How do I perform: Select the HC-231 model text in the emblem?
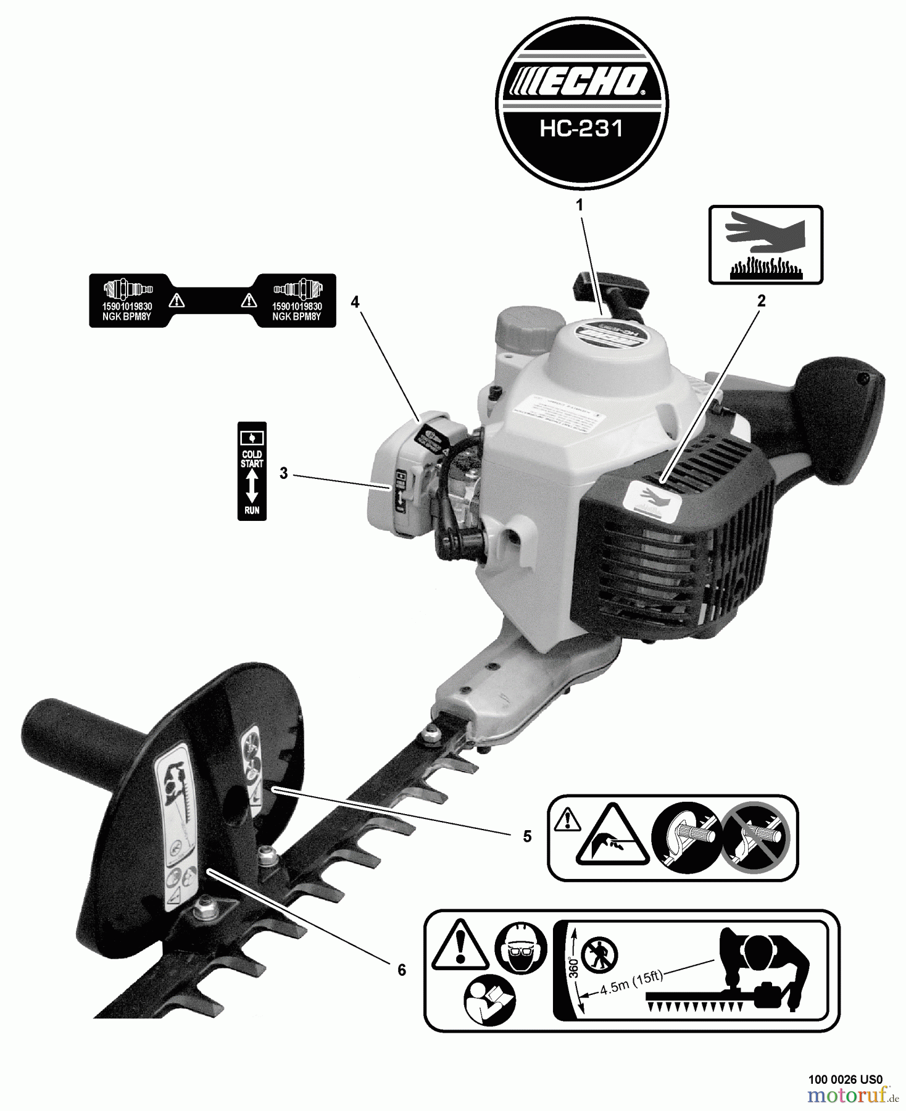pyautogui.click(x=581, y=129)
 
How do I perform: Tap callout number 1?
pyautogui.click(x=580, y=206)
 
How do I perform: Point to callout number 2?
pyautogui.click(x=761, y=301)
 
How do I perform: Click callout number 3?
pyautogui.click(x=283, y=473)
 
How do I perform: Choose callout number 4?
pyautogui.click(x=355, y=302)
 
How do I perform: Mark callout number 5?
pyautogui.click(x=526, y=836)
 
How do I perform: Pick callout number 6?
pyautogui.click(x=402, y=970)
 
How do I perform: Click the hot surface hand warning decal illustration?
pyautogui.click(x=765, y=245)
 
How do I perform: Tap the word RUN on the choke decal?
pyautogui.click(x=252, y=510)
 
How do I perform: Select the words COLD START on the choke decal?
pyautogui.click(x=252, y=459)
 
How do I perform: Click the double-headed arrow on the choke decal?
pyautogui.click(x=252, y=486)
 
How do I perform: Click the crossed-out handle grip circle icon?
pyautogui.click(x=755, y=838)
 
